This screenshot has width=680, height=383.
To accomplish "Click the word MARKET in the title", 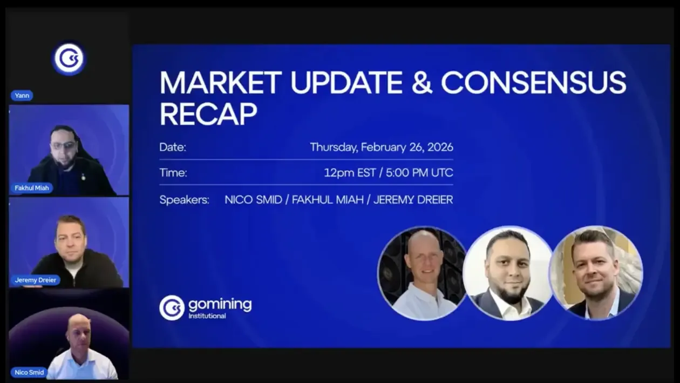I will click(x=220, y=83).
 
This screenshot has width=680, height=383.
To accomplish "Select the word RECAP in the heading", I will click(x=208, y=114).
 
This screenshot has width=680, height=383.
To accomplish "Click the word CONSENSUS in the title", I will click(x=533, y=83).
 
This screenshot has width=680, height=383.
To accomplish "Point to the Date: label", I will click(x=173, y=147).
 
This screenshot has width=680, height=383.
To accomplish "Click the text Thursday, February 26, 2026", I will click(x=381, y=147).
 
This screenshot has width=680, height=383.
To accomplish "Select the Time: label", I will click(x=173, y=173).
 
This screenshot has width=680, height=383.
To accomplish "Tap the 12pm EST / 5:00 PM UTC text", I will click(x=388, y=173).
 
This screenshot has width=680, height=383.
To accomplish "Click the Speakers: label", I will click(x=184, y=200).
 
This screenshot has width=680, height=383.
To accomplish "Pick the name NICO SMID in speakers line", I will click(x=253, y=200).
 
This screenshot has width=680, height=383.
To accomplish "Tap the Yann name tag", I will click(x=22, y=96).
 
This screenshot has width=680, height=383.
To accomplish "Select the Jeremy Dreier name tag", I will click(x=35, y=280).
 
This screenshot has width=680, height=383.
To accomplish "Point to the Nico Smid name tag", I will click(x=29, y=372).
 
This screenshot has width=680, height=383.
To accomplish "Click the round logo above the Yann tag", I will click(x=69, y=59).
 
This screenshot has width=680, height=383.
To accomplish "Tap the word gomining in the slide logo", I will click(x=220, y=304).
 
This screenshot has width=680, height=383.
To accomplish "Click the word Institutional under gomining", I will click(x=207, y=316).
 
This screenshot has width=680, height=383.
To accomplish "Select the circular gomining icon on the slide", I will click(x=172, y=308).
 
